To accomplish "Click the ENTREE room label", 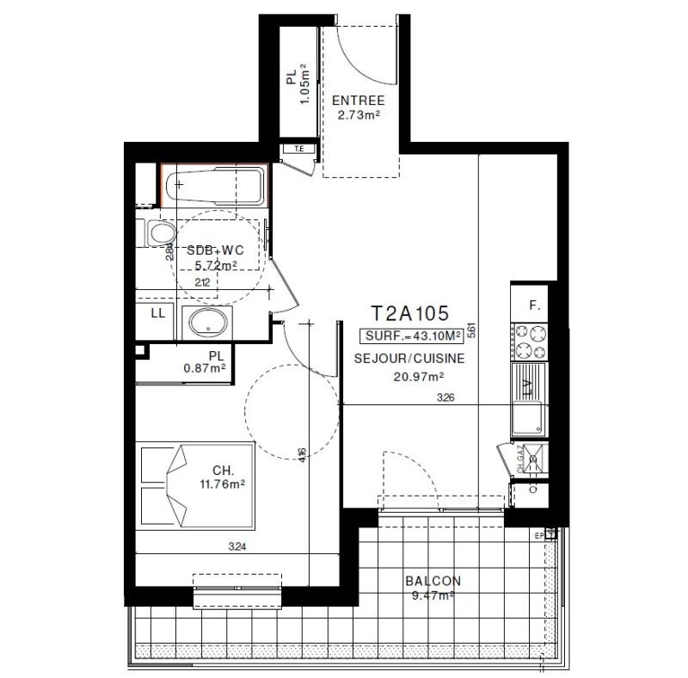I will point(358,101).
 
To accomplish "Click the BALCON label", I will point(433,581).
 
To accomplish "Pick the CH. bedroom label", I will point(223,471).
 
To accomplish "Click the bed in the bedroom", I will point(195,487).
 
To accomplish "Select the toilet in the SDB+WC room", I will point(157,232).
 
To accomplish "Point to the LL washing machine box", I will point(157,313).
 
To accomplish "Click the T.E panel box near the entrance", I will point(299,150).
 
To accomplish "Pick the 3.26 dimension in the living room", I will point(445,398).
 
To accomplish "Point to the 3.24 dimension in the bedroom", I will point(236,545).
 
